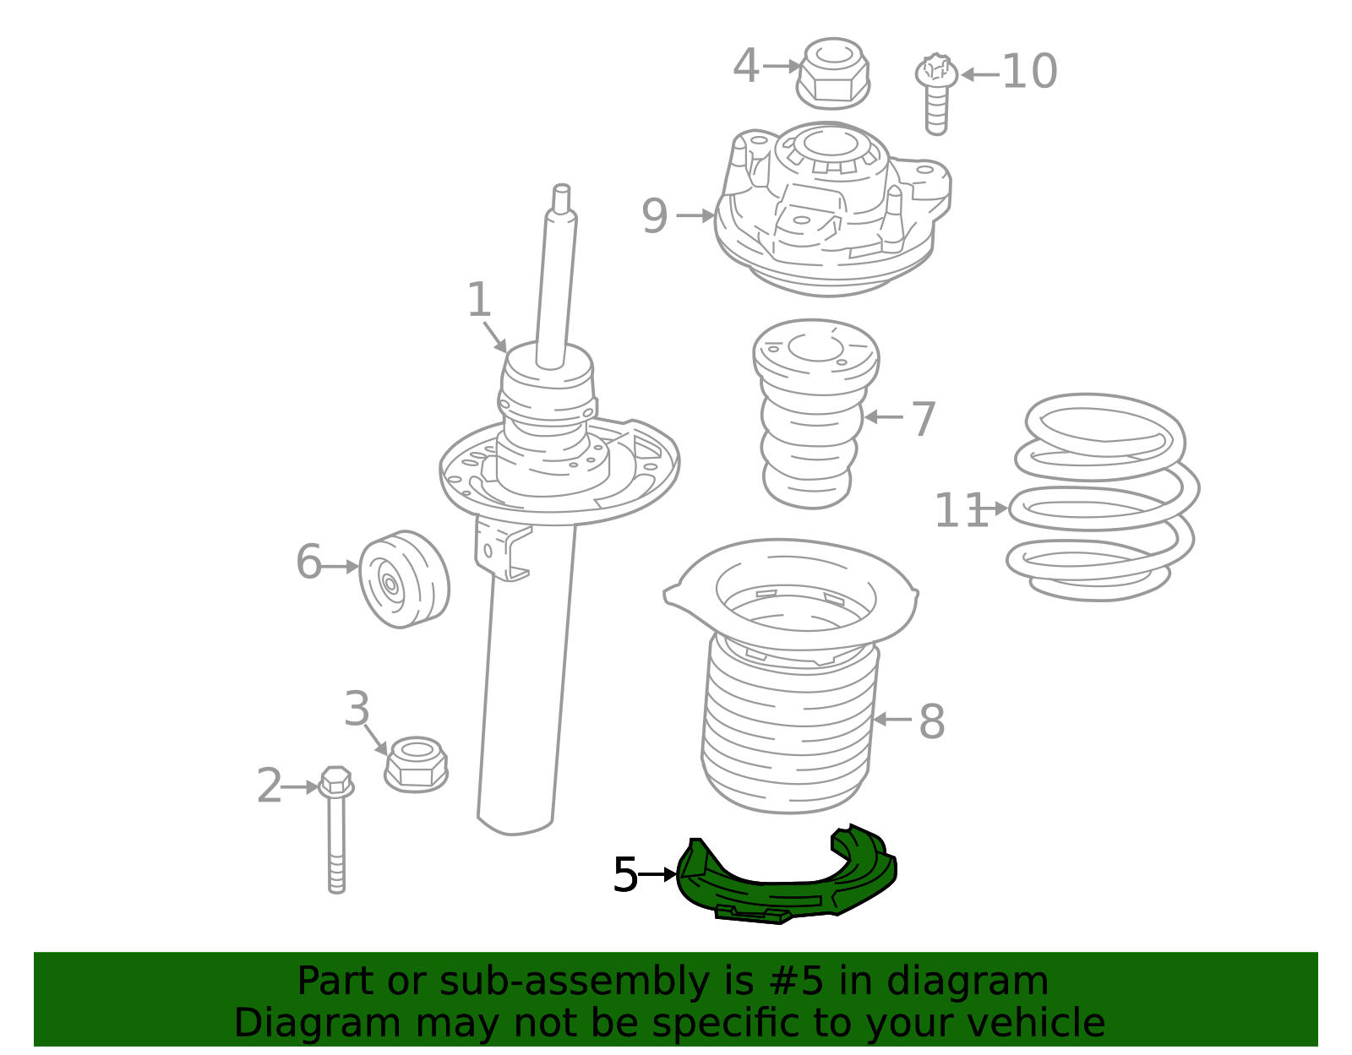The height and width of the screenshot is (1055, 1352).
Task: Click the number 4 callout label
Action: point(745,66)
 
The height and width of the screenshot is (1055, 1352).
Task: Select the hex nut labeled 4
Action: point(833,74)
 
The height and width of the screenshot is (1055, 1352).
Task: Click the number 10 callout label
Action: point(1030,72)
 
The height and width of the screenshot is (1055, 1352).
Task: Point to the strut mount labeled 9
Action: point(832,209)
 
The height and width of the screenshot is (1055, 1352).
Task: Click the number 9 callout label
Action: point(655,216)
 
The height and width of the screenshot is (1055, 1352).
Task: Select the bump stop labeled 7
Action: point(815,414)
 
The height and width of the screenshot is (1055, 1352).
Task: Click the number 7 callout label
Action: point(924,418)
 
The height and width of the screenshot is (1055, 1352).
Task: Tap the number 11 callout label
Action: point(962,510)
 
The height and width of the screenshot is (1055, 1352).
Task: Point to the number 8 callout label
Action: point(931,722)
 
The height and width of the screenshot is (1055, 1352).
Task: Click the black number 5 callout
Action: point(625,875)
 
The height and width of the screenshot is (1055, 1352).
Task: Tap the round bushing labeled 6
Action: point(405,579)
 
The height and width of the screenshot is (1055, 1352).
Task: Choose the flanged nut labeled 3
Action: point(416,764)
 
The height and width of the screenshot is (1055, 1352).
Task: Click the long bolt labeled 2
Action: point(336,830)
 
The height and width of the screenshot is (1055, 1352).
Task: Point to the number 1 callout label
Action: point(478,300)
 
